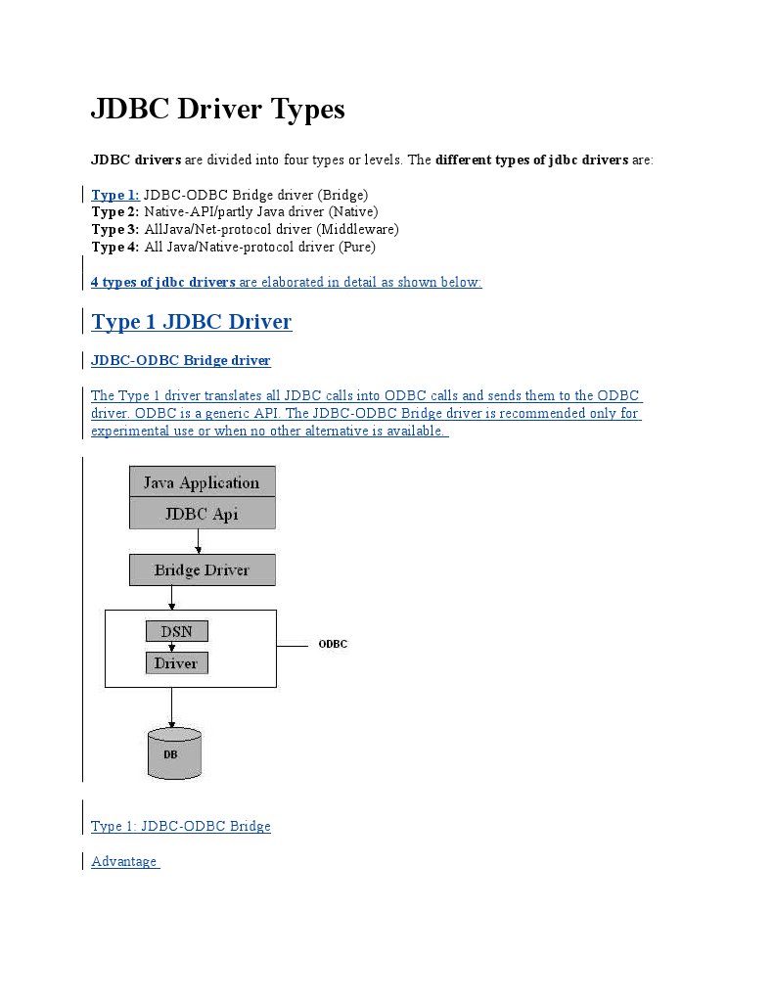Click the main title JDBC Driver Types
point(217,109)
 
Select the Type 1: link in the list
point(115,194)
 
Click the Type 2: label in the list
point(115,211)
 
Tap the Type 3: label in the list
point(115,229)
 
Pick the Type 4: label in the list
point(115,247)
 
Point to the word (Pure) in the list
point(356,247)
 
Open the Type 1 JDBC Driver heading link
point(191,321)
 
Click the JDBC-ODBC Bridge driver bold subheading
point(180,360)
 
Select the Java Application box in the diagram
point(202,481)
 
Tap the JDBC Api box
point(202,513)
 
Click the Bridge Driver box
point(202,569)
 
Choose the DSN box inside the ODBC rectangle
point(176,631)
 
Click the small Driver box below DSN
point(176,662)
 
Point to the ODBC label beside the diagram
point(333,644)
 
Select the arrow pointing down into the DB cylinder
point(172,706)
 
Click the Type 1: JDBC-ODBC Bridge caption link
point(180,826)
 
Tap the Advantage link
point(124,861)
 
